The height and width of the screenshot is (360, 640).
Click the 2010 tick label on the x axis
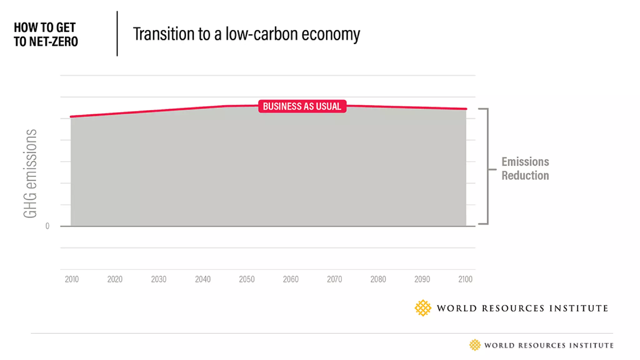(x=72, y=279)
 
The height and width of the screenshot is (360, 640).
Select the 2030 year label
(x=159, y=279)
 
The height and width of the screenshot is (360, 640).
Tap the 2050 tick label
(x=247, y=279)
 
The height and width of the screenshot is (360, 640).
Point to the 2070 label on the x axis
(x=334, y=279)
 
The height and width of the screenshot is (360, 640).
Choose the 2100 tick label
(x=465, y=279)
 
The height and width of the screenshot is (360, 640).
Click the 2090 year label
(x=422, y=279)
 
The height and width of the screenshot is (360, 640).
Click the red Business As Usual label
(x=302, y=106)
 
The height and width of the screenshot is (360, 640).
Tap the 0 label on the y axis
(x=47, y=226)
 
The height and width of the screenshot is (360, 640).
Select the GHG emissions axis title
(x=30, y=173)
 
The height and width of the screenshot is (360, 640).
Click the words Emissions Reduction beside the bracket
(x=525, y=168)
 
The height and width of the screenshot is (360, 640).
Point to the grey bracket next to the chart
(x=487, y=166)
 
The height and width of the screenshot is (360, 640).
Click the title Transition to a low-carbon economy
(x=246, y=34)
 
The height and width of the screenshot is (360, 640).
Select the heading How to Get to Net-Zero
(x=46, y=34)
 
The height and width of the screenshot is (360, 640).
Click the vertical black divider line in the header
(x=117, y=34)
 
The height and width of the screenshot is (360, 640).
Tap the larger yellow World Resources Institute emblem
(x=423, y=308)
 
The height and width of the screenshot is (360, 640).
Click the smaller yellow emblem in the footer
(x=475, y=345)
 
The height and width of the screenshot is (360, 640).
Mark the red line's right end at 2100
(x=466, y=109)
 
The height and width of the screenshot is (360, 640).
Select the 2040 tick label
(x=203, y=279)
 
